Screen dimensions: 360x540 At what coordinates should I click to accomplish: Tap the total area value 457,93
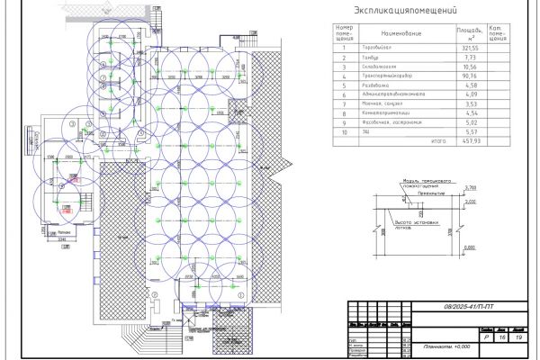coord(469,140)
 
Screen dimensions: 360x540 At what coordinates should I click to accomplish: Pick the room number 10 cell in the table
coord(344,131)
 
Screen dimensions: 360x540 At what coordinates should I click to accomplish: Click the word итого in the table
coord(438,140)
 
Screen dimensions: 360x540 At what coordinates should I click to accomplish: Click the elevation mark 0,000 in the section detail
coord(469,202)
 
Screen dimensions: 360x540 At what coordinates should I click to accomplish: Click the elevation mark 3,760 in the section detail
coord(469,186)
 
